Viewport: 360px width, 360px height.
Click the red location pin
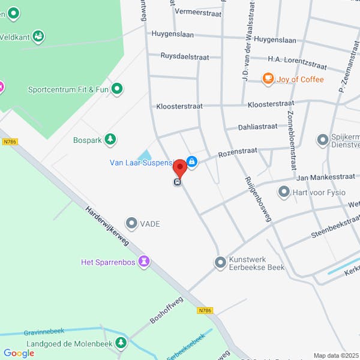(179, 167)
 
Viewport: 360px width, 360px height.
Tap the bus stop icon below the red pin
(178, 182)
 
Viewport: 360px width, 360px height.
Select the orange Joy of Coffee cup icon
(268, 79)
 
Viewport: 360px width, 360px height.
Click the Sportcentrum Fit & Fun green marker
(117, 90)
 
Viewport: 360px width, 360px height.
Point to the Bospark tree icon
(110, 140)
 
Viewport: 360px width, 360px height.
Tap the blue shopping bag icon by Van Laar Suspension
(191, 161)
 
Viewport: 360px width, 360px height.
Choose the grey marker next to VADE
(131, 223)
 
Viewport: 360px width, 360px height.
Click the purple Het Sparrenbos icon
(143, 262)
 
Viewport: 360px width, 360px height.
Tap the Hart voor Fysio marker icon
(284, 193)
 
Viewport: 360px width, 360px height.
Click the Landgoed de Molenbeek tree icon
(122, 343)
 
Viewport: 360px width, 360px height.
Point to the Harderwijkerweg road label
(107, 227)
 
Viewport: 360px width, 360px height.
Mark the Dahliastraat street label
(257, 127)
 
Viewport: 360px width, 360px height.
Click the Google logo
(19, 353)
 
